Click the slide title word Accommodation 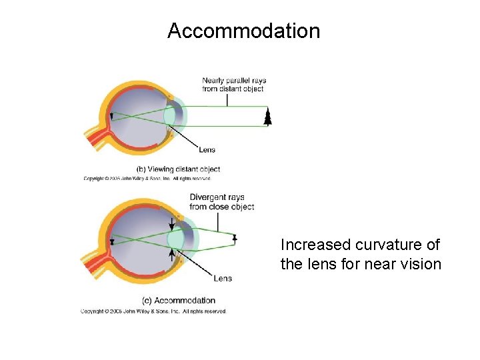point(243,31)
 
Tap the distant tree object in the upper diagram point(268,118)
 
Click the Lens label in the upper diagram point(207,149)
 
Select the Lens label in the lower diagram point(223,278)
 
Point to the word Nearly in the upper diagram point(215,81)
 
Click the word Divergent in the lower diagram point(207,197)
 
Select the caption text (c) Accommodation point(179,300)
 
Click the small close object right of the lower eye point(235,238)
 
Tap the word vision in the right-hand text point(421,264)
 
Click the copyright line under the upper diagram point(147,179)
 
